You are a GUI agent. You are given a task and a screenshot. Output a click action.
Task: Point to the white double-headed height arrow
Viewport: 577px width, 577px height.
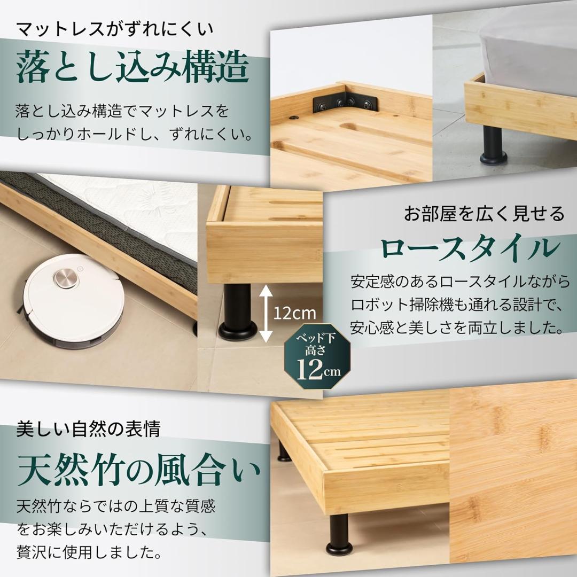[x=267, y=313]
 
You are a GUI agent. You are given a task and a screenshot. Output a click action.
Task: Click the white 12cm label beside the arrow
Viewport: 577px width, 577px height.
[x=295, y=313]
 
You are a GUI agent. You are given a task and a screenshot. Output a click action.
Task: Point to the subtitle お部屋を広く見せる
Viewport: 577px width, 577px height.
[x=484, y=214]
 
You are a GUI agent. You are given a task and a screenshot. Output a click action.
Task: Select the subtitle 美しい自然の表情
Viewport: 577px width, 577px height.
[x=88, y=428]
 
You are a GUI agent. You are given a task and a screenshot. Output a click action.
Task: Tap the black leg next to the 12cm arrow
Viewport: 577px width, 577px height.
[x=238, y=313]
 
